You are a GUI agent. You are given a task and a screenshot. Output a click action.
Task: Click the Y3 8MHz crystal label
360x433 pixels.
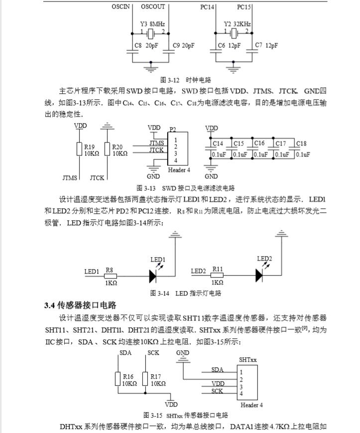[x=150, y=23]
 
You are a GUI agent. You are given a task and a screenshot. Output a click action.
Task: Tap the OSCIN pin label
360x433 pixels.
[x=124, y=6]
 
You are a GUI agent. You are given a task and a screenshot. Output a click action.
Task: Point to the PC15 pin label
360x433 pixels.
[x=244, y=6]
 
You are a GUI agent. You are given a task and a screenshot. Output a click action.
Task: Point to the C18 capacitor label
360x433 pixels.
[x=301, y=144]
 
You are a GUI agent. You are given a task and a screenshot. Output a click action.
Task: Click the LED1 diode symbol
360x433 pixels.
[x=154, y=274]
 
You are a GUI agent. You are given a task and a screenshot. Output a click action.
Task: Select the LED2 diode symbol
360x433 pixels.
[x=260, y=273]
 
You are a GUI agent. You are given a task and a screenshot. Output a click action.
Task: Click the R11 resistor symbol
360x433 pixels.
[x=217, y=274]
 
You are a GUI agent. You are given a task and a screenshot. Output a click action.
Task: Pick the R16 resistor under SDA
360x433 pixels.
[x=118, y=380]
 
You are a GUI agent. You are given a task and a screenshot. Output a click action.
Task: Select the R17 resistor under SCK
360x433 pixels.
[x=146, y=380]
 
